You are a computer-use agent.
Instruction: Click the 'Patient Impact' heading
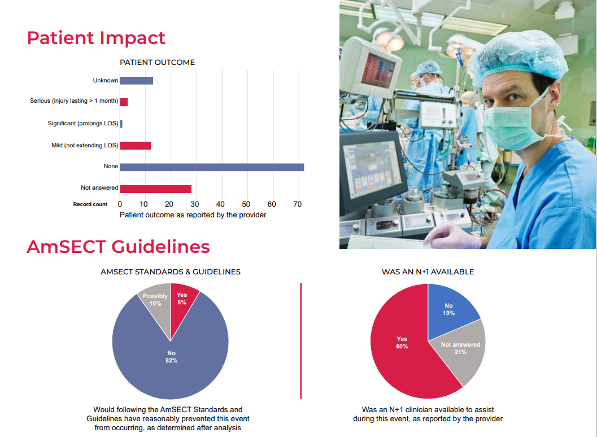96,38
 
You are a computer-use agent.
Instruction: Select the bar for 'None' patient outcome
212,167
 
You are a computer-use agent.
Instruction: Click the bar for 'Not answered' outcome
155,189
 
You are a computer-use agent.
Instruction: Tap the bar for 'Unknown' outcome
136,81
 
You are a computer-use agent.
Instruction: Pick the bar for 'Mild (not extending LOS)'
135,146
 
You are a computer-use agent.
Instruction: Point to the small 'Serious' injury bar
124,102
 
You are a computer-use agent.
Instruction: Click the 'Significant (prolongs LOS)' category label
83,124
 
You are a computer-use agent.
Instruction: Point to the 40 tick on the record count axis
220,204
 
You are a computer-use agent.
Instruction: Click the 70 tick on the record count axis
297,204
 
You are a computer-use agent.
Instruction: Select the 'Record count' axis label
90,204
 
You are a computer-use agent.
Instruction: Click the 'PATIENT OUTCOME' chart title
157,63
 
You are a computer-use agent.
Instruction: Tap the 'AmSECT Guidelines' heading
118,247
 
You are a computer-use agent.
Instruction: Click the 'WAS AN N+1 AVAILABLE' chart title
428,272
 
